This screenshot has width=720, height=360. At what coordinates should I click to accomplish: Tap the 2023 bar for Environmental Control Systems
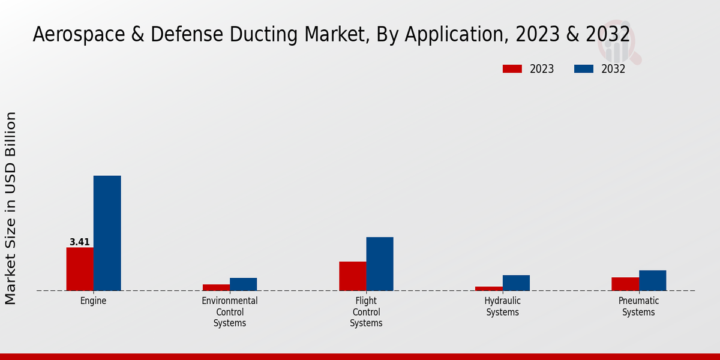(216, 287)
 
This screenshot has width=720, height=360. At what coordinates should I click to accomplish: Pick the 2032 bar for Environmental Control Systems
(243, 284)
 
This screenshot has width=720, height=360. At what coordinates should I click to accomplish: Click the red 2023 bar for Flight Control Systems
(352, 276)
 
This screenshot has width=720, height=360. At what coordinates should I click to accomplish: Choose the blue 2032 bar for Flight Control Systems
(380, 264)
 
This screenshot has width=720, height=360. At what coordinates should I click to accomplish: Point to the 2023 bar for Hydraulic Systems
(488, 289)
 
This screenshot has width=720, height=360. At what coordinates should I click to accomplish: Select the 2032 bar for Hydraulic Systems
(516, 283)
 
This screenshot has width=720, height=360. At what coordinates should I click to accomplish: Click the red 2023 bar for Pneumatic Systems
(625, 284)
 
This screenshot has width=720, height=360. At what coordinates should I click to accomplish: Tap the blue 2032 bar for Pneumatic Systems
(652, 280)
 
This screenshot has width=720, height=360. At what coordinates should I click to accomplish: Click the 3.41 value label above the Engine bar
(80, 242)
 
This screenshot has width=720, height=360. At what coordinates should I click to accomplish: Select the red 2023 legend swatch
(512, 69)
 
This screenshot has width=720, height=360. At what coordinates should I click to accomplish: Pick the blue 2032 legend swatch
(584, 69)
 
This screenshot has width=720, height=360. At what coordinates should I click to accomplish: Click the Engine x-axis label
(93, 301)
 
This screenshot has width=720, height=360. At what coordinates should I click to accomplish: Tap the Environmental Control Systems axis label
(230, 312)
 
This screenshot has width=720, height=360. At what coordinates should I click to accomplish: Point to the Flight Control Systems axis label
(366, 312)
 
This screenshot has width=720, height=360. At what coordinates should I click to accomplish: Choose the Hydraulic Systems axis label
(503, 307)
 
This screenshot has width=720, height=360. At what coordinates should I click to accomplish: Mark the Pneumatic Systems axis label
(638, 307)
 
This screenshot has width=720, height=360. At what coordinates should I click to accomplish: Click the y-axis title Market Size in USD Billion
(11, 208)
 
